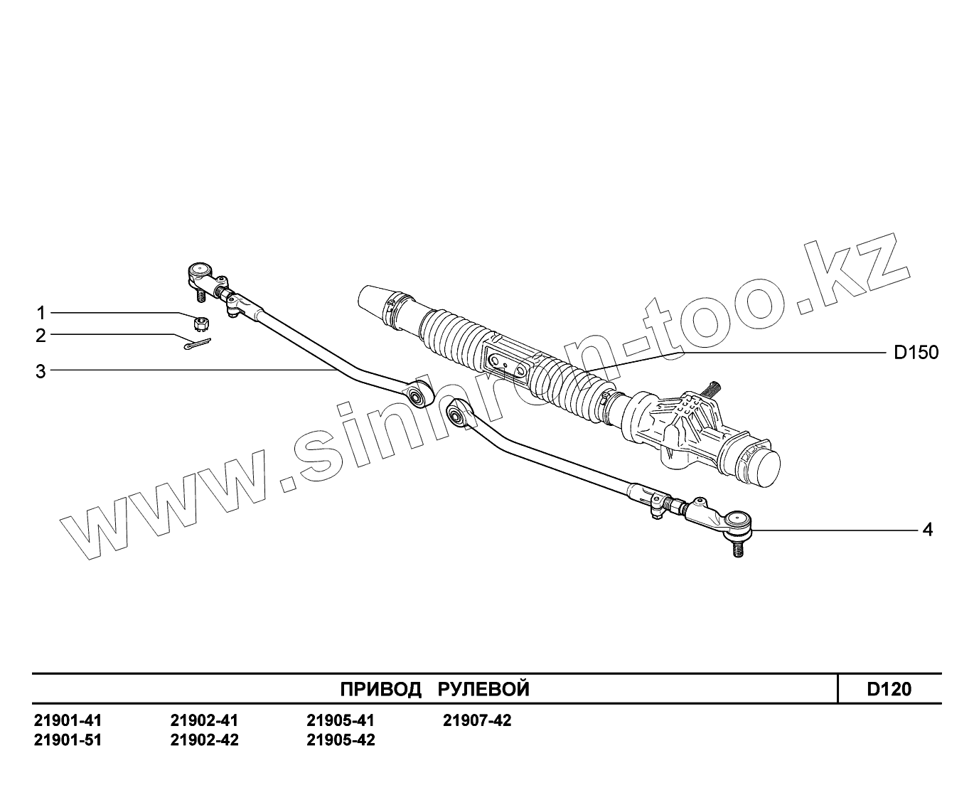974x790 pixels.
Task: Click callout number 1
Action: [x=41, y=313]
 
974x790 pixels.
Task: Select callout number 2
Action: [x=41, y=335]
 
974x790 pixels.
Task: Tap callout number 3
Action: [x=41, y=370]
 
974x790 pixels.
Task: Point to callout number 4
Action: [x=927, y=530]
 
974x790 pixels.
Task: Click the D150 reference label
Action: [x=916, y=353]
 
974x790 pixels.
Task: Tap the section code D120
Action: [x=889, y=689]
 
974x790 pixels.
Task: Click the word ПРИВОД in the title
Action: [x=380, y=689]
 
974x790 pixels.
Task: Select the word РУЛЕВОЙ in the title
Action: [x=483, y=689]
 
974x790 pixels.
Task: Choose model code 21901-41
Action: [x=68, y=720]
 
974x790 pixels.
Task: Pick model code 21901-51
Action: [x=68, y=740]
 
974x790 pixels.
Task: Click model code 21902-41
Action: [x=205, y=720]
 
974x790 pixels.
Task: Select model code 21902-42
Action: [x=205, y=740]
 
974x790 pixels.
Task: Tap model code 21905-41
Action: [x=341, y=720]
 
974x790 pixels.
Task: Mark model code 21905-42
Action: [x=341, y=740]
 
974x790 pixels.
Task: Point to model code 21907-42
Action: [x=477, y=720]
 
